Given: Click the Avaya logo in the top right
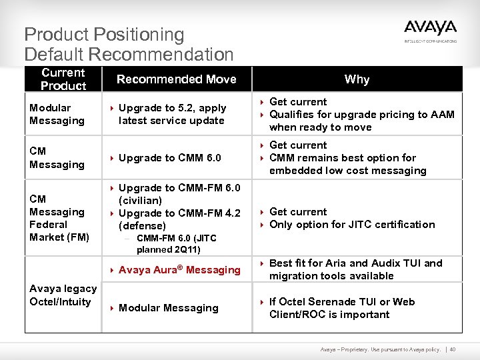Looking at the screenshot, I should pyautogui.click(x=430, y=30).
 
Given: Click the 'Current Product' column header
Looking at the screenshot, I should pyautogui.click(x=63, y=79).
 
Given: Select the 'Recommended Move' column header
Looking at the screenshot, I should pyautogui.click(x=176, y=79).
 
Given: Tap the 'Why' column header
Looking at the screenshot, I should pyautogui.click(x=357, y=79).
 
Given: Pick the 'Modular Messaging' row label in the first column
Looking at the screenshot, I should pyautogui.click(x=57, y=114).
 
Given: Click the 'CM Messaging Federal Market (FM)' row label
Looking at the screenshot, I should pyautogui.click(x=59, y=218).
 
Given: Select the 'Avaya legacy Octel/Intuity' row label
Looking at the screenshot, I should pyautogui.click(x=63, y=295).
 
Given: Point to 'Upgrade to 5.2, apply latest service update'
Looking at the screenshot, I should pyautogui.click(x=172, y=114).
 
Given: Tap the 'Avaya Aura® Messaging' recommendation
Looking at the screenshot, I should pyautogui.click(x=179, y=270).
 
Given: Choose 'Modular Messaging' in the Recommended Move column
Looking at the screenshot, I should pyautogui.click(x=168, y=308).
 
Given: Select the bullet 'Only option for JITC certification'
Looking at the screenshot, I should pyautogui.click(x=351, y=225).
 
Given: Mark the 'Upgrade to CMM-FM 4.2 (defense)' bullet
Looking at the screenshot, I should pyautogui.click(x=179, y=219).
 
